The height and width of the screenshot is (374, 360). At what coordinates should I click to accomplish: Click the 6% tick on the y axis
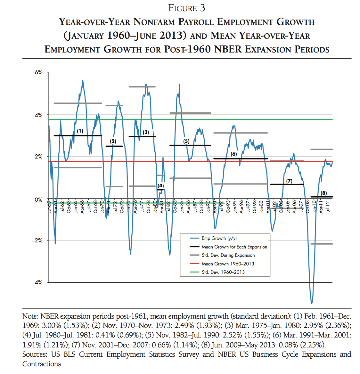pos(38,73)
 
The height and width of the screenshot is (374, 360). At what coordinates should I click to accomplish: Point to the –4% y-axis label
pos(37,282)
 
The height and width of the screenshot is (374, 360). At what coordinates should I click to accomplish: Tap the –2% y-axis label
pos(37,240)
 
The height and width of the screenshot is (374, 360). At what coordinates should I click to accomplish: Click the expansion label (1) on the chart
pos(80,131)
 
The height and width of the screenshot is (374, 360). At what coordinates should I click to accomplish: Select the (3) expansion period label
pos(146,132)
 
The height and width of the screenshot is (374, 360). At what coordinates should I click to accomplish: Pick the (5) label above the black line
pos(186,141)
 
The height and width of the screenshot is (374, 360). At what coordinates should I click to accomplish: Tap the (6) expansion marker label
pos(234,154)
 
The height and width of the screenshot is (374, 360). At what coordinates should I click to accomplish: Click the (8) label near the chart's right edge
pos(324,193)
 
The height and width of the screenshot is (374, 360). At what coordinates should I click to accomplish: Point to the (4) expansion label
pos(161,186)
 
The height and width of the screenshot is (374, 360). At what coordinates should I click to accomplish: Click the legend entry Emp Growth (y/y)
pos(219,238)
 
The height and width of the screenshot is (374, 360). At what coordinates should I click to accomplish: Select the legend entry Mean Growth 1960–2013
pos(228,264)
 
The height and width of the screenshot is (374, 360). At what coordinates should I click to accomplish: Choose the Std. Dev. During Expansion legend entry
pos(228,255)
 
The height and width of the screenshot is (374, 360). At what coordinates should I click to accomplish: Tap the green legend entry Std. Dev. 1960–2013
pos(223,272)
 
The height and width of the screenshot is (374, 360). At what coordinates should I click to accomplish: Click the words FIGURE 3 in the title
pos(187,8)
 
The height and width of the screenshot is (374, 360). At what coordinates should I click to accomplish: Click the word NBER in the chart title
pos(228,49)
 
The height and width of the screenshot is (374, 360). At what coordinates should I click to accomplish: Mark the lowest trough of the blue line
pos(311,303)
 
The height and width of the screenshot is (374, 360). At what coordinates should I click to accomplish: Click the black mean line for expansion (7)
pos(287,184)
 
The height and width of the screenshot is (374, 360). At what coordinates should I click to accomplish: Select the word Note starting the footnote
pos(30,316)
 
